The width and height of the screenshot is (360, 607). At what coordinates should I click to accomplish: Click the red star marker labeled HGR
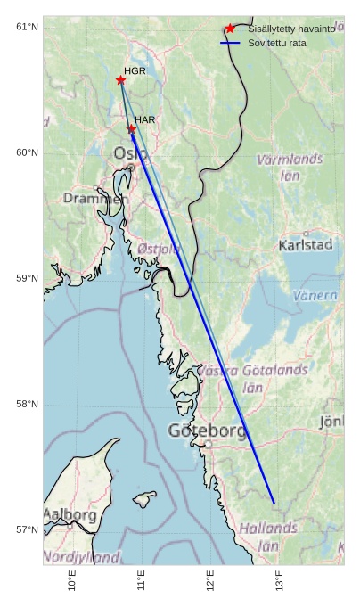(120, 80)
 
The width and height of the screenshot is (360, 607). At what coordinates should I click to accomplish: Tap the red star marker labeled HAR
(131, 129)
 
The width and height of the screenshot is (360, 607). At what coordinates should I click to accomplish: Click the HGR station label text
(135, 70)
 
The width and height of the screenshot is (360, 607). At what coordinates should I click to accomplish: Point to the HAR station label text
(145, 119)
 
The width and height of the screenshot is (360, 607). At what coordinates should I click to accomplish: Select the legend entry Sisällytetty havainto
(291, 29)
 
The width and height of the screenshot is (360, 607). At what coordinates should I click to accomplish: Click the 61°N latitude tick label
(27, 27)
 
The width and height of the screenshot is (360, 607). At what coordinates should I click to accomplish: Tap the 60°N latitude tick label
(27, 152)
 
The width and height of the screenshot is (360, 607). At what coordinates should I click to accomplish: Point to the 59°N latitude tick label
(27, 278)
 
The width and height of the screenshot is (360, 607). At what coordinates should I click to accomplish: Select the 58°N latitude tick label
(27, 404)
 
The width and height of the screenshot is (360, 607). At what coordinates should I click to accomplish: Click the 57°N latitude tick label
(27, 529)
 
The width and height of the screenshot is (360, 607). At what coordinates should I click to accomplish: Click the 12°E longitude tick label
(210, 581)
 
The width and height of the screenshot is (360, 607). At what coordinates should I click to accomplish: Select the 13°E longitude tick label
(279, 581)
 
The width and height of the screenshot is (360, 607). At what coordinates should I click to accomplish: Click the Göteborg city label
(207, 431)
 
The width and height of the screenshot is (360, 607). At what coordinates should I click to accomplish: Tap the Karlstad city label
(306, 244)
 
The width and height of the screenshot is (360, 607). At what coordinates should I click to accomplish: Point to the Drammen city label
(95, 198)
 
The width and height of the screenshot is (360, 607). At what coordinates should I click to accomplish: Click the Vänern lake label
(315, 295)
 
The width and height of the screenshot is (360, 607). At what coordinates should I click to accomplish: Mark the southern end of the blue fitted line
(274, 504)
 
